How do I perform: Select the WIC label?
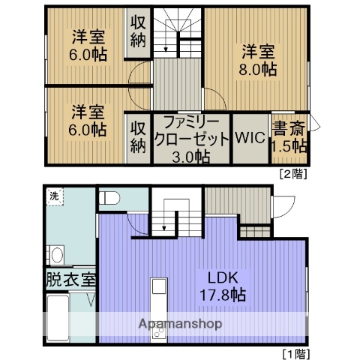tap(250, 138)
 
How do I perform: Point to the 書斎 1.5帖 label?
tap(289, 136)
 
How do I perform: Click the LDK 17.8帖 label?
tap(218, 286)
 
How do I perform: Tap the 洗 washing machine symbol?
tap(54, 197)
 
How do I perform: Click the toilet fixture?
tap(109, 199)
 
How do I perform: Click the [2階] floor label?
tap(292, 173)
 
